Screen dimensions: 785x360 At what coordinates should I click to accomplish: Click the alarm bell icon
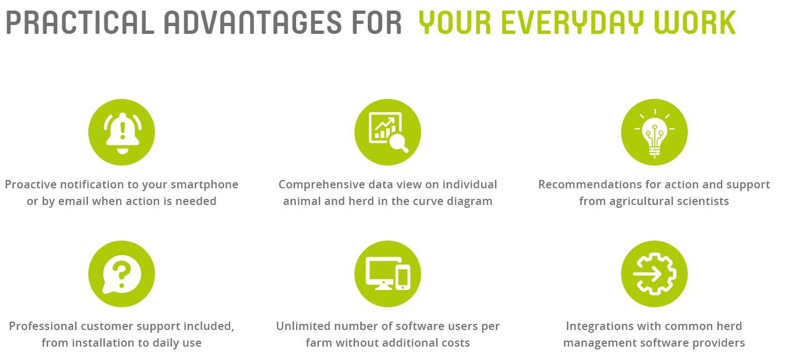[x=122, y=132]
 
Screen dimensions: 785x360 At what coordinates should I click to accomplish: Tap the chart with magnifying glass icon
[x=388, y=132]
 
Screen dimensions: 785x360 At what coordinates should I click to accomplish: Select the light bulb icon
[x=654, y=132]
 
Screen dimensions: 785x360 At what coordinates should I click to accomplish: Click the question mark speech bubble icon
[x=122, y=274]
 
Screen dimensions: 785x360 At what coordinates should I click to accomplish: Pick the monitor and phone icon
[x=388, y=274]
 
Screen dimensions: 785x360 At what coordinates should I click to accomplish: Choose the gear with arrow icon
[x=654, y=274]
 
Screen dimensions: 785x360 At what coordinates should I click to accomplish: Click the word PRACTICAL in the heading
[x=80, y=23]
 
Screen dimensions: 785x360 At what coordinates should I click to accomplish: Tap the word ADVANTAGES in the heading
[x=252, y=23]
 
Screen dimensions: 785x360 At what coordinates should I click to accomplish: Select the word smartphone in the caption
[x=204, y=185]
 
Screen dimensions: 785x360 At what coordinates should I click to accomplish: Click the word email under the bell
[x=73, y=201]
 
